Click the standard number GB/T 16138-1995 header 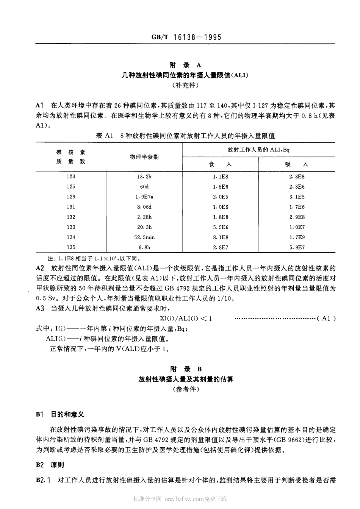pos(186,37)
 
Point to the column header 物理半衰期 pos(144,157)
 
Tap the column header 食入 pos(220,164)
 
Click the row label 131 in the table pos(71,207)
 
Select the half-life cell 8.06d pos(144,207)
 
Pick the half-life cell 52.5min pos(144,237)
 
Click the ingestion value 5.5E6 pos(220,227)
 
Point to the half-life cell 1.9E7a pos(144,197)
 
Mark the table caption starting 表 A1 pos(185,136)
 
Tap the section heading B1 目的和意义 pos(60,415)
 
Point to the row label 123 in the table pos(71,176)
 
